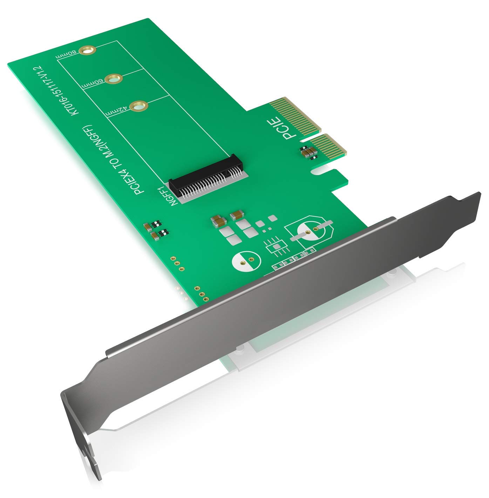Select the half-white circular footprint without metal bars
pyautogui.click(x=246, y=260)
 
